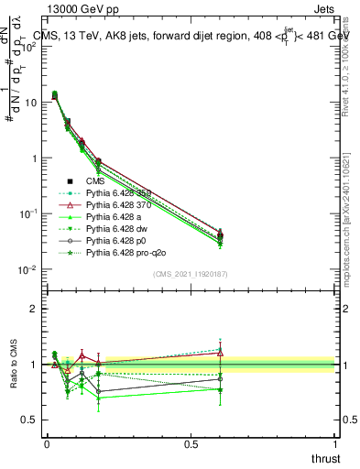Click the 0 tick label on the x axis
[47, 443]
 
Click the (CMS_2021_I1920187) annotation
[190, 274]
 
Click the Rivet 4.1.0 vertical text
[346, 64]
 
